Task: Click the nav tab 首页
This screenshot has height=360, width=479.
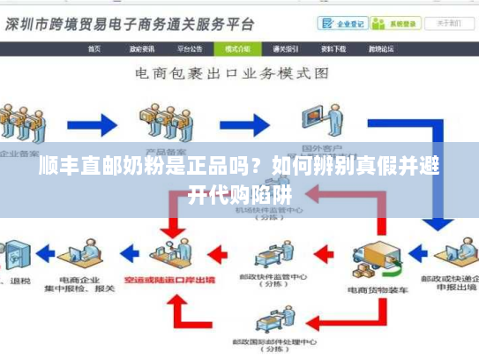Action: point(94,49)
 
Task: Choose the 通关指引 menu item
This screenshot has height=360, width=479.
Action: point(286,49)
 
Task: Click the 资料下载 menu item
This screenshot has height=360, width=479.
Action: point(333,49)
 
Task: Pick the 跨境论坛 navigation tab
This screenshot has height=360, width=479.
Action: point(380,49)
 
